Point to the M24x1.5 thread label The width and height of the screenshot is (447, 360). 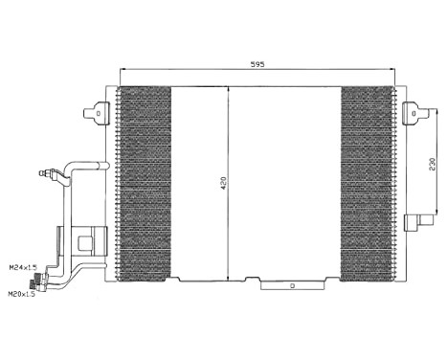point(20,267)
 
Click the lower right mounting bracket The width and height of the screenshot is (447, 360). point(417,222)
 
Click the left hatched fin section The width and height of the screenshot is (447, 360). point(144,182)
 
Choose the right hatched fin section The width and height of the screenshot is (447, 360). point(367,182)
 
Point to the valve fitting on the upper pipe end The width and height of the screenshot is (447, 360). point(44,173)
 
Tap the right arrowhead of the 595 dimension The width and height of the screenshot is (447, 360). point(392,70)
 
